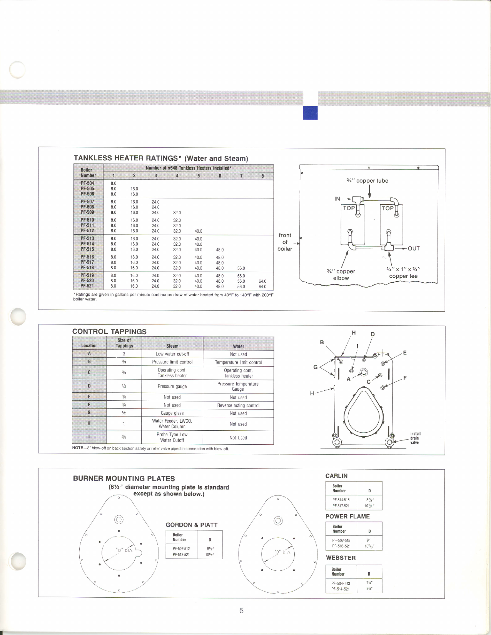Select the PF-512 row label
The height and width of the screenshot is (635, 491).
pyautogui.click(x=87, y=231)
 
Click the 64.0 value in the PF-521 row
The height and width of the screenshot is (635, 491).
pyautogui.click(x=262, y=287)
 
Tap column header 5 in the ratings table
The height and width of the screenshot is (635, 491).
pyautogui.click(x=199, y=176)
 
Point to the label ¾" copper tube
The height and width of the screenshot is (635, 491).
pyautogui.click(x=367, y=181)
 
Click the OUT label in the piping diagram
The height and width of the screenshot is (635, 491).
pyautogui.click(x=414, y=248)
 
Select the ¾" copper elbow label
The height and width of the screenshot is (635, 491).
pyautogui.click(x=341, y=275)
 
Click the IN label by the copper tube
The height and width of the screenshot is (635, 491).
pyautogui.click(x=337, y=199)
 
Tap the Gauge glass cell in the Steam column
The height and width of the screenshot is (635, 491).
pyautogui.click(x=172, y=413)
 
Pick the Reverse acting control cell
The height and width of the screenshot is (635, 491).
pyautogui.click(x=238, y=405)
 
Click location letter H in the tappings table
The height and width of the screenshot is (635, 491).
pyautogui.click(x=89, y=423)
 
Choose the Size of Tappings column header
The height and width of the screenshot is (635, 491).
pyautogui.click(x=124, y=343)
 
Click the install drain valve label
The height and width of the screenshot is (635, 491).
pyautogui.click(x=415, y=438)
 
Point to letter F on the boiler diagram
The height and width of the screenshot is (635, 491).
pyautogui.click(x=405, y=378)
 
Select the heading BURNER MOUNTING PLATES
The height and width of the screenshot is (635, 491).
pyautogui.click(x=124, y=478)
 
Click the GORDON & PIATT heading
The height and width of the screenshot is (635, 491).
pyautogui.click(x=192, y=525)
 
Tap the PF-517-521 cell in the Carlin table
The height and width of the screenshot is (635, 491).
pyautogui.click(x=341, y=506)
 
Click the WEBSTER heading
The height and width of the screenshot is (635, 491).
pyautogui.click(x=341, y=558)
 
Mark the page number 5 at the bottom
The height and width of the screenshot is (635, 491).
pyautogui.click(x=241, y=610)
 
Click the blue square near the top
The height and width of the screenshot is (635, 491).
pyautogui.click(x=310, y=113)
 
